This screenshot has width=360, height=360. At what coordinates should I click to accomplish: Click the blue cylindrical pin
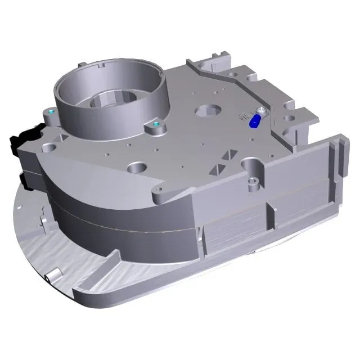click(254, 120)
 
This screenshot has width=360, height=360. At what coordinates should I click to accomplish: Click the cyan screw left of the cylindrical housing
click(52, 112)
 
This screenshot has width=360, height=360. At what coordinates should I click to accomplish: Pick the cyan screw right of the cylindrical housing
click(156, 124)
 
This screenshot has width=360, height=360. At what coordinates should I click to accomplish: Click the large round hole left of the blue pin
click(206, 111)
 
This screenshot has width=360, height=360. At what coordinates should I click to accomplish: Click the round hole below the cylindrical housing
click(137, 167)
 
